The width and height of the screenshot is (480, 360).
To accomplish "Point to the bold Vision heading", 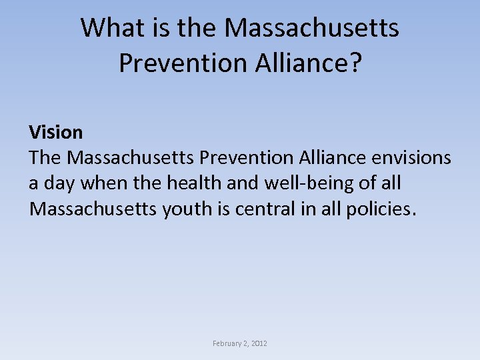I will click(x=55, y=132).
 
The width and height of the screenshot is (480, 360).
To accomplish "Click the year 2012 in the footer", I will click(x=260, y=343).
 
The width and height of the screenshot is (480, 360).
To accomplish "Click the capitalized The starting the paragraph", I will click(x=45, y=158).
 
